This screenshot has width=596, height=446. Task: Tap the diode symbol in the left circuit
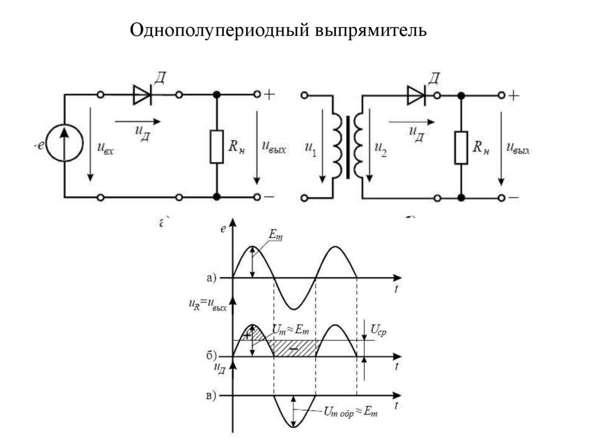click(x=142, y=95)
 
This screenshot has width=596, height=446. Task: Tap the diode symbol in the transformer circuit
click(x=416, y=95)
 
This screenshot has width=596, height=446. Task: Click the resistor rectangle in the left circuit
click(x=217, y=147)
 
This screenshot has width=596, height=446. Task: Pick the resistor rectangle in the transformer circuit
click(x=461, y=147)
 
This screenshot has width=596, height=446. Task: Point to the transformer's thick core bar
click(x=347, y=147)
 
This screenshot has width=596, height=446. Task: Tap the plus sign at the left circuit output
click(x=269, y=95)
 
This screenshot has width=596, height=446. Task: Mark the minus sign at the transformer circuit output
click(x=513, y=198)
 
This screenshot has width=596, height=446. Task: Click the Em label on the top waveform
click(x=275, y=235)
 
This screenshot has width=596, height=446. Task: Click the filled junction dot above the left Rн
click(x=217, y=95)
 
